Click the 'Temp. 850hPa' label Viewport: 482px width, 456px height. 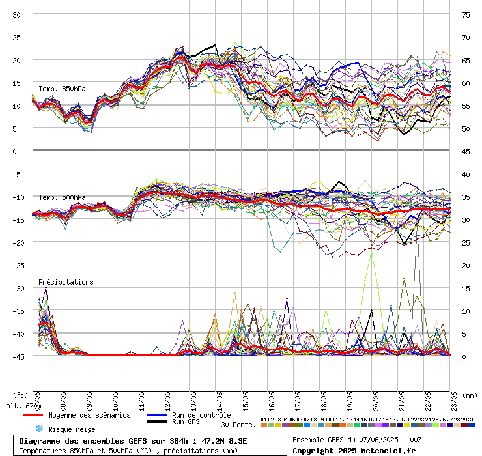pos(62,89)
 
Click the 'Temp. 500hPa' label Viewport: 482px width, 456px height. pos(62,197)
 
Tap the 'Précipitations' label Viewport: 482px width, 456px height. pos(66,282)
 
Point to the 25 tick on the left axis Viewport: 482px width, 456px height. pos(17,37)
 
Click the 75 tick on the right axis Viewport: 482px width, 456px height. pos(466,14)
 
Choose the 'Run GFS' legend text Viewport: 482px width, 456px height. pos(186,422)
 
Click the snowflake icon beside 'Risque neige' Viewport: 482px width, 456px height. pos(38,429)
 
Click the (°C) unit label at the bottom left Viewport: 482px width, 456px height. pos(20,395)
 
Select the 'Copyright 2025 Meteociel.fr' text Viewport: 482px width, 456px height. pos(354,450)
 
